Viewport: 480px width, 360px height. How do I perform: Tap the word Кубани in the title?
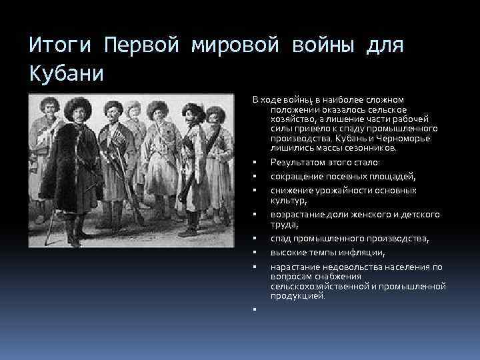tap(67, 73)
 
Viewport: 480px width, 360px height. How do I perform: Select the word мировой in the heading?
tap(236, 46)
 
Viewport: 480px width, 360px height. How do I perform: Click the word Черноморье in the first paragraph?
tap(407, 138)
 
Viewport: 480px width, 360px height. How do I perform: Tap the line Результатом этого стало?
tap(324, 162)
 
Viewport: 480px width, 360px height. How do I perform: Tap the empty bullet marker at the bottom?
tap(255, 309)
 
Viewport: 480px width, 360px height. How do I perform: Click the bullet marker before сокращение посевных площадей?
tap(255, 177)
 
